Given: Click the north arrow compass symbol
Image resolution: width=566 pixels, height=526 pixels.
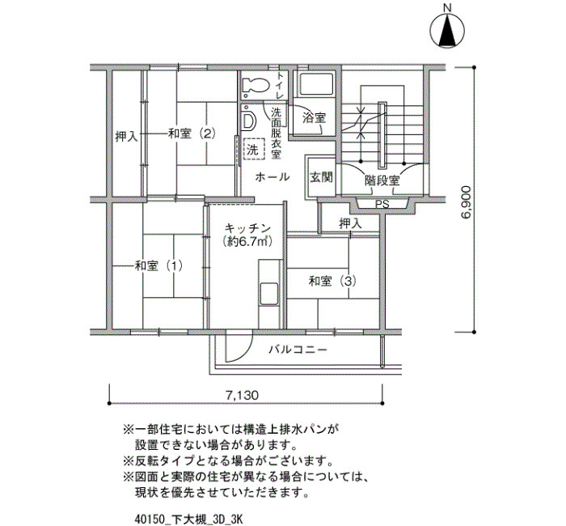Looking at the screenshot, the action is [448, 31].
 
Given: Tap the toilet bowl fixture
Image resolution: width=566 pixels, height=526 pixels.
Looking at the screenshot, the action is [256, 86].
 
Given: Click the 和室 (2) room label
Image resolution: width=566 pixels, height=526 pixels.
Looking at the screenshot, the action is [192, 134].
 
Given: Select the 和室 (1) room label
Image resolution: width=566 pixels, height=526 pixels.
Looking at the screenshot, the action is [158, 266].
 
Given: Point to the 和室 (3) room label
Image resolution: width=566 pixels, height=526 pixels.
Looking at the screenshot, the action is [332, 281].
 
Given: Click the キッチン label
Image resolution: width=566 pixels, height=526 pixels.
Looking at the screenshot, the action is [247, 228].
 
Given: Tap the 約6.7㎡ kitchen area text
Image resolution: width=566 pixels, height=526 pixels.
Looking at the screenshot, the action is [247, 241].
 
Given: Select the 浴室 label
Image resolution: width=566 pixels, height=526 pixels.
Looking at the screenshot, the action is [314, 118].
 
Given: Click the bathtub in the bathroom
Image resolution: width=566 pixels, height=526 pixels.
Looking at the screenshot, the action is [314, 85].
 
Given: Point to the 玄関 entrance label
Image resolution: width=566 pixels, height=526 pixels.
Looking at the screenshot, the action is [321, 178].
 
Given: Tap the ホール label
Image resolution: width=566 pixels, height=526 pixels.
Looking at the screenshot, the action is [272, 177].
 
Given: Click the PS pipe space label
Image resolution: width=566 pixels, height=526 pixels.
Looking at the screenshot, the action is [382, 204].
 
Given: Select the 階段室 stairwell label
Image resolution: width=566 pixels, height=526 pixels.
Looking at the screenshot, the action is [382, 180].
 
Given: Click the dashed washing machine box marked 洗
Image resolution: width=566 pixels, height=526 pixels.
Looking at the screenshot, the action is [254, 149].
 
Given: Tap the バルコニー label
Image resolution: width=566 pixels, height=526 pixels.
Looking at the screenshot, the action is [298, 350].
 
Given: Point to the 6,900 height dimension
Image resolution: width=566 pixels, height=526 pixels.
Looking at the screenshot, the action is [466, 202].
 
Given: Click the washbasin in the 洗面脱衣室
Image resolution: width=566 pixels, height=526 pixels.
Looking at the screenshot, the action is [248, 121].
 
